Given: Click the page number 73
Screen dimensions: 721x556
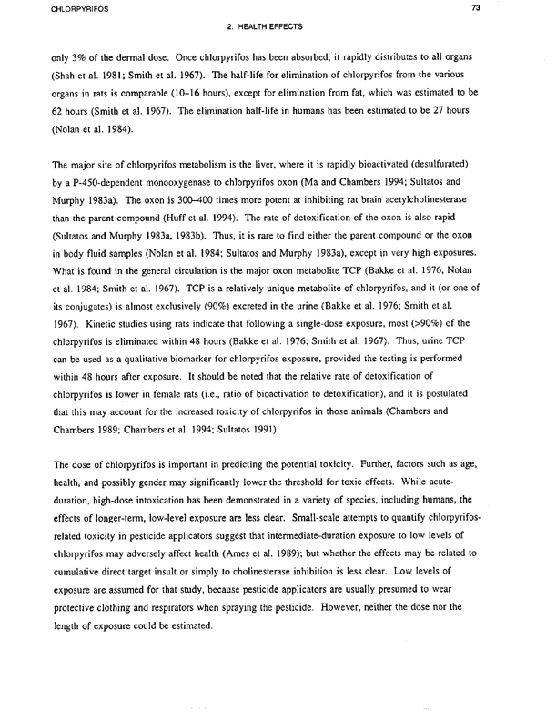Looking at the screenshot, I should click(x=525, y=9).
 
